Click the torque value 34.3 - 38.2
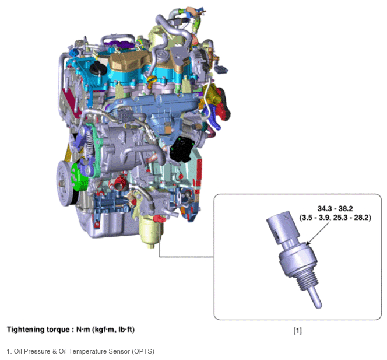click(335, 208)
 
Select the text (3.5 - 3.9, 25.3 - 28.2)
click(335, 218)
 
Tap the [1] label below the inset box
click(297, 331)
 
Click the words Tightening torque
click(38, 330)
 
